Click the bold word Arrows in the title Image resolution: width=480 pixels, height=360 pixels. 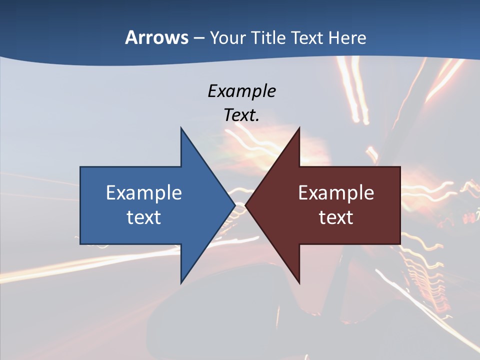(x=156, y=37)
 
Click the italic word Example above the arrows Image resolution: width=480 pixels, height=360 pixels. (x=241, y=91)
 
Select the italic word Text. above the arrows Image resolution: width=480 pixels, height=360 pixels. (x=241, y=115)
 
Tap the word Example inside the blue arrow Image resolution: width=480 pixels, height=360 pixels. (x=144, y=193)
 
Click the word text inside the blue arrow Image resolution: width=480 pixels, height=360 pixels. (x=144, y=217)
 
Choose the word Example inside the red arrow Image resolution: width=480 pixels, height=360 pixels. (x=336, y=193)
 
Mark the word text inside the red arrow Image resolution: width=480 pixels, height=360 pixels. (x=336, y=217)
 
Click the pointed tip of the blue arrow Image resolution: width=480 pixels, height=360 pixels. (x=234, y=205)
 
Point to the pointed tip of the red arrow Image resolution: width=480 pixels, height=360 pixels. (x=246, y=205)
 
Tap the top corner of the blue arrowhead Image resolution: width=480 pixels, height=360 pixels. (x=181, y=128)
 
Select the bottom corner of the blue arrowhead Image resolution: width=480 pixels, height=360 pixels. (x=181, y=282)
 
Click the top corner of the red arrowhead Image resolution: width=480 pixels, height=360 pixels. (x=299, y=128)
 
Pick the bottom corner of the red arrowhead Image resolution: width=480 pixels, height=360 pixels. (x=299, y=282)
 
